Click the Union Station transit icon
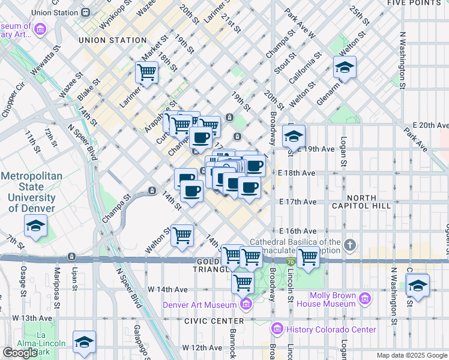[x=86, y=12]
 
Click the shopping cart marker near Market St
[x=146, y=73]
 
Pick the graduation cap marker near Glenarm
[x=345, y=68]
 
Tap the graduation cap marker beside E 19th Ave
[x=294, y=136]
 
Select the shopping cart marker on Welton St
[x=182, y=235]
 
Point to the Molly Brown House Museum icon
[x=364, y=299]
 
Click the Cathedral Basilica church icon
[x=350, y=245]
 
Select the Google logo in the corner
[x=20, y=353]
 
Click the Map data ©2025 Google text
[x=412, y=355]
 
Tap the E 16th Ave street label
[x=298, y=231]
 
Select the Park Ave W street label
[x=300, y=23]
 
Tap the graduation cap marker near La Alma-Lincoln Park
[x=84, y=341]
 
